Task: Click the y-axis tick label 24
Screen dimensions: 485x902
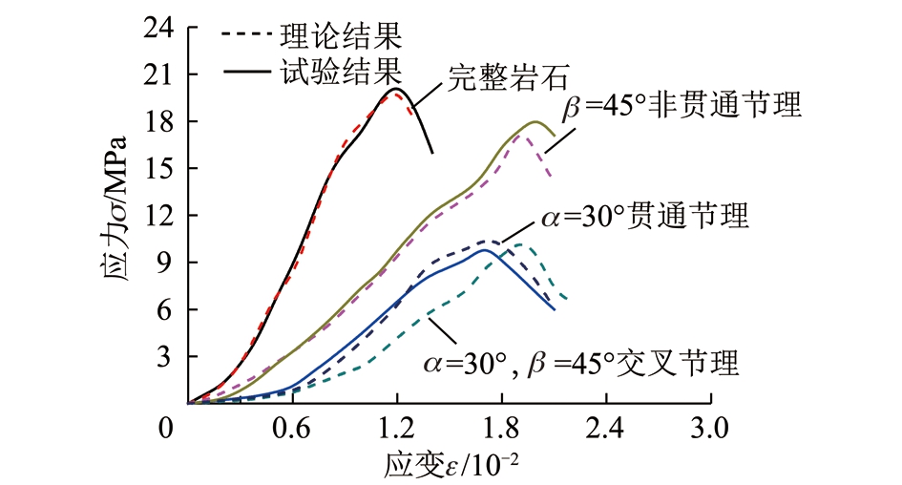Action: click(161, 28)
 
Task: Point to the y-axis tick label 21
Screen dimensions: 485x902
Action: click(161, 74)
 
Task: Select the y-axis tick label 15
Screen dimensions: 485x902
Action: click(161, 168)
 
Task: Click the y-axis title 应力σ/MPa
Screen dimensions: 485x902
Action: click(115, 216)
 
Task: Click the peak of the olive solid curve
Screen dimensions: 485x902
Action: click(536, 121)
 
